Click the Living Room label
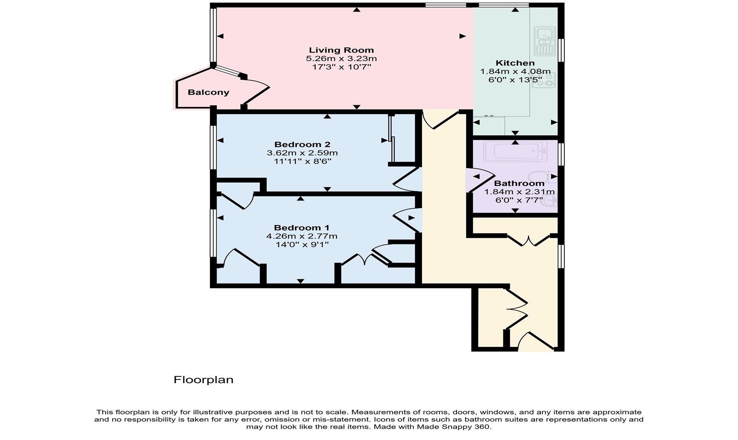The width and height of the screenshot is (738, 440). point(341,50)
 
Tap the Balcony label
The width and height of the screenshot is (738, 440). point(208,92)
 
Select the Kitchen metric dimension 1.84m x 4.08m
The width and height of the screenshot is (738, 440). point(515,72)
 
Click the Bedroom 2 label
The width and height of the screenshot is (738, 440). point(302,144)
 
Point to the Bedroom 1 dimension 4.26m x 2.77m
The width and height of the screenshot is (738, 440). point(301,236)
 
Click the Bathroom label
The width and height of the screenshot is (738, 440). point(519,183)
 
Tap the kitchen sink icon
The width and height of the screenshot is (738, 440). point(545,41)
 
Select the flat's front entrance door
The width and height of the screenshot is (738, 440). point(537,341)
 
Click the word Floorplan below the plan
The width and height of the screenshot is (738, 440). point(203,380)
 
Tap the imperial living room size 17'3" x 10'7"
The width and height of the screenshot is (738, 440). point(341,67)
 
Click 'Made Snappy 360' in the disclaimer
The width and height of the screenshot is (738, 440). point(453,427)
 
